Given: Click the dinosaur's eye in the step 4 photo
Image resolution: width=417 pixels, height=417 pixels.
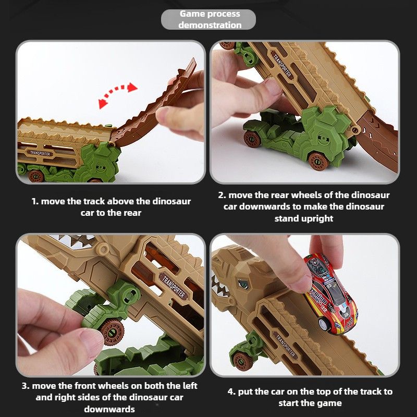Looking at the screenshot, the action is click(243, 284).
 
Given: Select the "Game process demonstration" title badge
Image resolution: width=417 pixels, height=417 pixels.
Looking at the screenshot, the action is click(208, 19).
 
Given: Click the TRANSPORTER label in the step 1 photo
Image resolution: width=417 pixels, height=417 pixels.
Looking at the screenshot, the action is click(40, 153).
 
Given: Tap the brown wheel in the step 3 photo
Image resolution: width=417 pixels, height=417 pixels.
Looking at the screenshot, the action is click(112, 331).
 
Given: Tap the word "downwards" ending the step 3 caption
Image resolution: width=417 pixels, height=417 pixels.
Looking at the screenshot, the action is click(109, 409).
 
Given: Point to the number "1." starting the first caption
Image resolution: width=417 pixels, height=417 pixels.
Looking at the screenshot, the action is click(35, 201).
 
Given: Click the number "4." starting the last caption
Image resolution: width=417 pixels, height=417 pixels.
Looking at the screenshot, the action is click(231, 392).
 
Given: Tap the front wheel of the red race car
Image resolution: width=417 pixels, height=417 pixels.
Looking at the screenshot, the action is click(323, 324).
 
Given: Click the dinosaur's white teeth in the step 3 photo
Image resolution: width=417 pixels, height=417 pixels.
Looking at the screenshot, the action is click(73, 240).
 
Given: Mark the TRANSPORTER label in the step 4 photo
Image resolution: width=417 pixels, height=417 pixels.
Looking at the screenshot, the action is click(285, 345).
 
